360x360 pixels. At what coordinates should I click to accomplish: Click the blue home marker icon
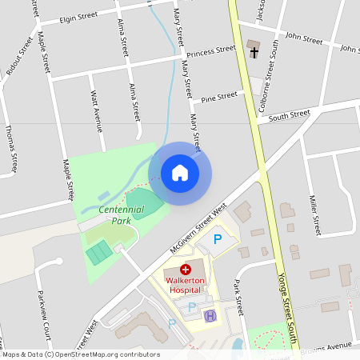180,173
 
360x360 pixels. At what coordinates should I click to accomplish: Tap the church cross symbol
254,53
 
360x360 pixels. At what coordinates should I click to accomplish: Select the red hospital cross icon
186,270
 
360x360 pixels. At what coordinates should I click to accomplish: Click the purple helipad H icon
210,316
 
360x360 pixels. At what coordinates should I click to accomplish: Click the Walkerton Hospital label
186,286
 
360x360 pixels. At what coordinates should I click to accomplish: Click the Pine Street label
220,98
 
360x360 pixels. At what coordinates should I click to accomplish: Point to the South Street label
289,115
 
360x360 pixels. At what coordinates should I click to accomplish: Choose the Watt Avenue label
98,113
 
